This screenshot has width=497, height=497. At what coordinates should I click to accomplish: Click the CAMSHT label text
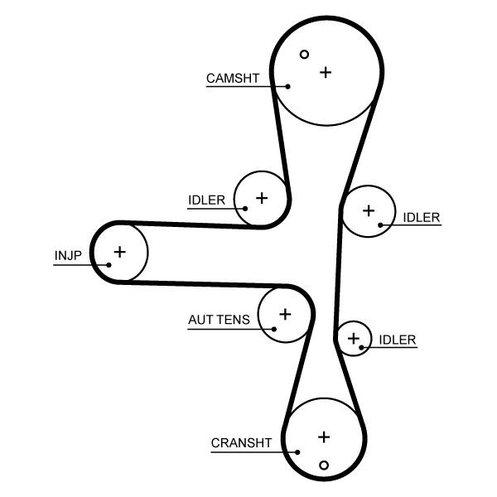click(x=233, y=79)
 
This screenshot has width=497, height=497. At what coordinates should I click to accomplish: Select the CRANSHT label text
click(x=241, y=443)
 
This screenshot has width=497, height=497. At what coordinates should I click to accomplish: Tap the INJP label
click(x=68, y=255)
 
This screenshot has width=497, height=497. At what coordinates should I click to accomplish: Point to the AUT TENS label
click(x=219, y=320)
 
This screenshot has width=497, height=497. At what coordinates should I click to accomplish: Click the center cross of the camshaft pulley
click(x=326, y=73)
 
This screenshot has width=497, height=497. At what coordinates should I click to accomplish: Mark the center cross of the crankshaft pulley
click(x=324, y=437)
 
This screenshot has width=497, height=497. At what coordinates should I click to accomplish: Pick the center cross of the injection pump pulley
click(x=120, y=252)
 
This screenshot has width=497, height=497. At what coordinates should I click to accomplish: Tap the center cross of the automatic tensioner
click(x=285, y=314)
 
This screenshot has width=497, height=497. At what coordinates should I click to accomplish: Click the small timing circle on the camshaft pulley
click(x=304, y=55)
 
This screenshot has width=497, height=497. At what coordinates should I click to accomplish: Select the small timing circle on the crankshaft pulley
click(x=324, y=466)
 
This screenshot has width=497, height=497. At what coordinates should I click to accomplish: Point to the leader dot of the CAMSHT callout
click(x=287, y=86)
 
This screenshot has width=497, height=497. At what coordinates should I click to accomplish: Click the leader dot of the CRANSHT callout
click(x=297, y=452)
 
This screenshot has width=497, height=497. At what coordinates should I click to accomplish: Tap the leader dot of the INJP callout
click(x=109, y=265)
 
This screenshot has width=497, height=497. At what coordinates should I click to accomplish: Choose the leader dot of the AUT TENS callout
click(x=274, y=330)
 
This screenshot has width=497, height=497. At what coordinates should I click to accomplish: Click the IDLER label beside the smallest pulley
click(x=398, y=340)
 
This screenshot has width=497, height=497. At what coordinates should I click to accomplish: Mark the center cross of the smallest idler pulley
click(x=354, y=339)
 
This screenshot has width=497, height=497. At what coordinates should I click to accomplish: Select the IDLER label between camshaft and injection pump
click(x=206, y=200)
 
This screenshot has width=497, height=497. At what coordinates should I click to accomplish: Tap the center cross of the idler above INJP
click(x=262, y=198)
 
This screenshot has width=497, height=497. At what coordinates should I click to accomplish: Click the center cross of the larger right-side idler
click(x=369, y=210)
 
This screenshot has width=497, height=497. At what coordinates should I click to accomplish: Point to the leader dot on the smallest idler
click(x=361, y=348)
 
